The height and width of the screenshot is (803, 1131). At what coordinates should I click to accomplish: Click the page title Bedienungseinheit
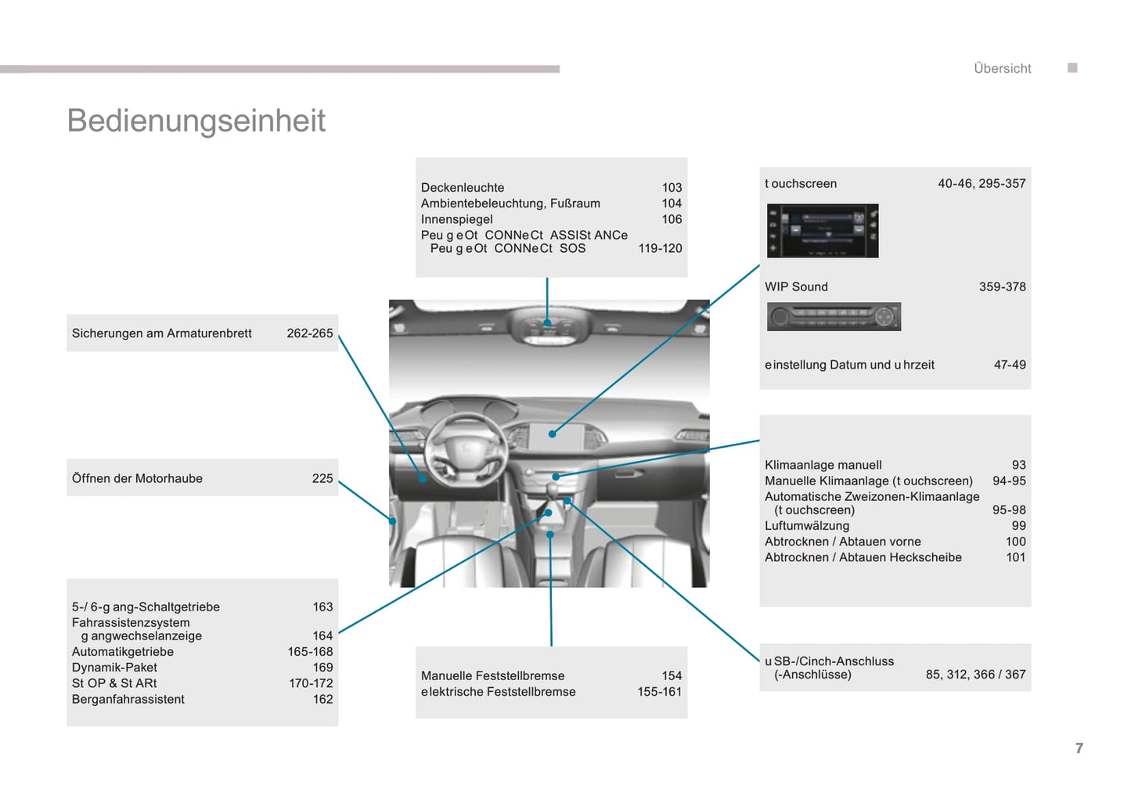tap(196, 121)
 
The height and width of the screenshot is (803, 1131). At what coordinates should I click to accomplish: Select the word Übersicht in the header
tap(1002, 69)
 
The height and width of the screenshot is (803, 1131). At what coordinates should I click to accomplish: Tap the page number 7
tap(1079, 748)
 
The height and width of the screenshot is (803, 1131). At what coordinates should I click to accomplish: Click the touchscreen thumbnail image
tap(823, 231)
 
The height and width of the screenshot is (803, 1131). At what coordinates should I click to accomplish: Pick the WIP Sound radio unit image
tap(834, 317)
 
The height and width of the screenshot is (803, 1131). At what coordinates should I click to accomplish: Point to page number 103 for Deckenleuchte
tap(672, 188)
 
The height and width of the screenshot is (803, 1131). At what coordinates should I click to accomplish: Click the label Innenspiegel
tap(456, 220)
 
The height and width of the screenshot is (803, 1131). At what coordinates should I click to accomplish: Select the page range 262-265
tap(309, 333)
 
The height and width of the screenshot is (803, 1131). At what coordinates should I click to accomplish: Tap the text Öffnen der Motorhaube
tap(137, 479)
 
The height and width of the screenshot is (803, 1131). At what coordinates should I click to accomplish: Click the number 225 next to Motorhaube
tap(322, 479)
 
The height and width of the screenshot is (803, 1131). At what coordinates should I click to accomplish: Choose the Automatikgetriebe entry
tap(123, 652)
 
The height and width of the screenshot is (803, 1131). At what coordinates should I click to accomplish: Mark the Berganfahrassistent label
tap(128, 700)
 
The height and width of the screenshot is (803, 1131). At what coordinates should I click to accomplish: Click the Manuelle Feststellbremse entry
tap(492, 676)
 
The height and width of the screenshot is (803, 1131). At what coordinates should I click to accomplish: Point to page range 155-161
tap(659, 692)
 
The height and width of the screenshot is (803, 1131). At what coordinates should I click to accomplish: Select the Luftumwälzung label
tap(807, 526)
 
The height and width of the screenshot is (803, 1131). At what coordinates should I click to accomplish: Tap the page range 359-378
tap(1002, 287)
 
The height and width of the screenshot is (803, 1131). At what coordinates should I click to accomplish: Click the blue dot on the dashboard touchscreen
tap(552, 434)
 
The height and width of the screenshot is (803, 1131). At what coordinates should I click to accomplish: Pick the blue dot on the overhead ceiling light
tap(547, 322)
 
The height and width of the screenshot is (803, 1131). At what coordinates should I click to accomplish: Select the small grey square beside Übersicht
tap(1072, 68)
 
